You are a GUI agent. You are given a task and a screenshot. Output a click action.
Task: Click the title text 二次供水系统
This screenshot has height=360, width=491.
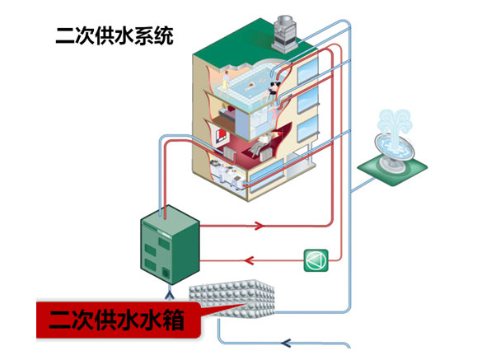click(x=115, y=36)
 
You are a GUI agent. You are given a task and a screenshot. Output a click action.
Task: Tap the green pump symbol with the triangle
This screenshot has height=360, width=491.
click(x=316, y=259)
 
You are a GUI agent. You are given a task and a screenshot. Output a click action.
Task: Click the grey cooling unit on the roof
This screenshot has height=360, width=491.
click(x=290, y=30)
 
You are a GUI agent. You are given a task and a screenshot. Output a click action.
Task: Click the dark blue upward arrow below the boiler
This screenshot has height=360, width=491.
click(x=169, y=292)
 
